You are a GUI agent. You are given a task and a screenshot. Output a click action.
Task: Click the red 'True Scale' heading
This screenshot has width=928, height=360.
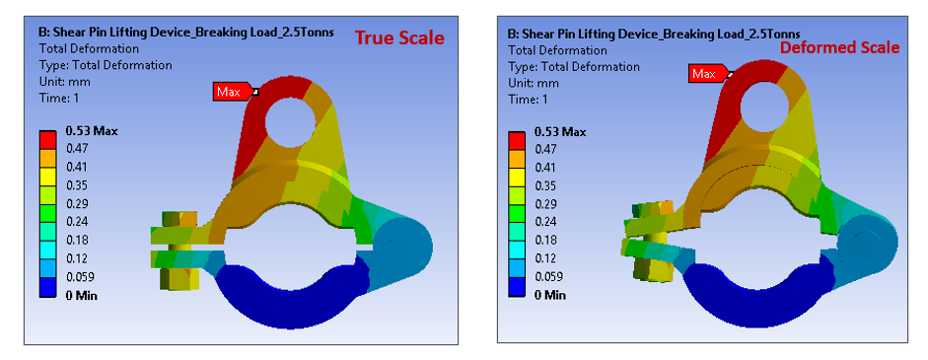tap(399, 37)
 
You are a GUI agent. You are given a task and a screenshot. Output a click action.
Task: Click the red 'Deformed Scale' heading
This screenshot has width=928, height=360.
tap(840, 47)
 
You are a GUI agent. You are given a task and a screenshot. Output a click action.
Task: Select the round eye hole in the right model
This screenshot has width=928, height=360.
tap(767, 106)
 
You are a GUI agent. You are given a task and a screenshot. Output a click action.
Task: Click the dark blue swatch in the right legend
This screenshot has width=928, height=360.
tap(516, 287)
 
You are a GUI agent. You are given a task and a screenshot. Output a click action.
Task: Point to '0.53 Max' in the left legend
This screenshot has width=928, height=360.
tap(91, 131)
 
